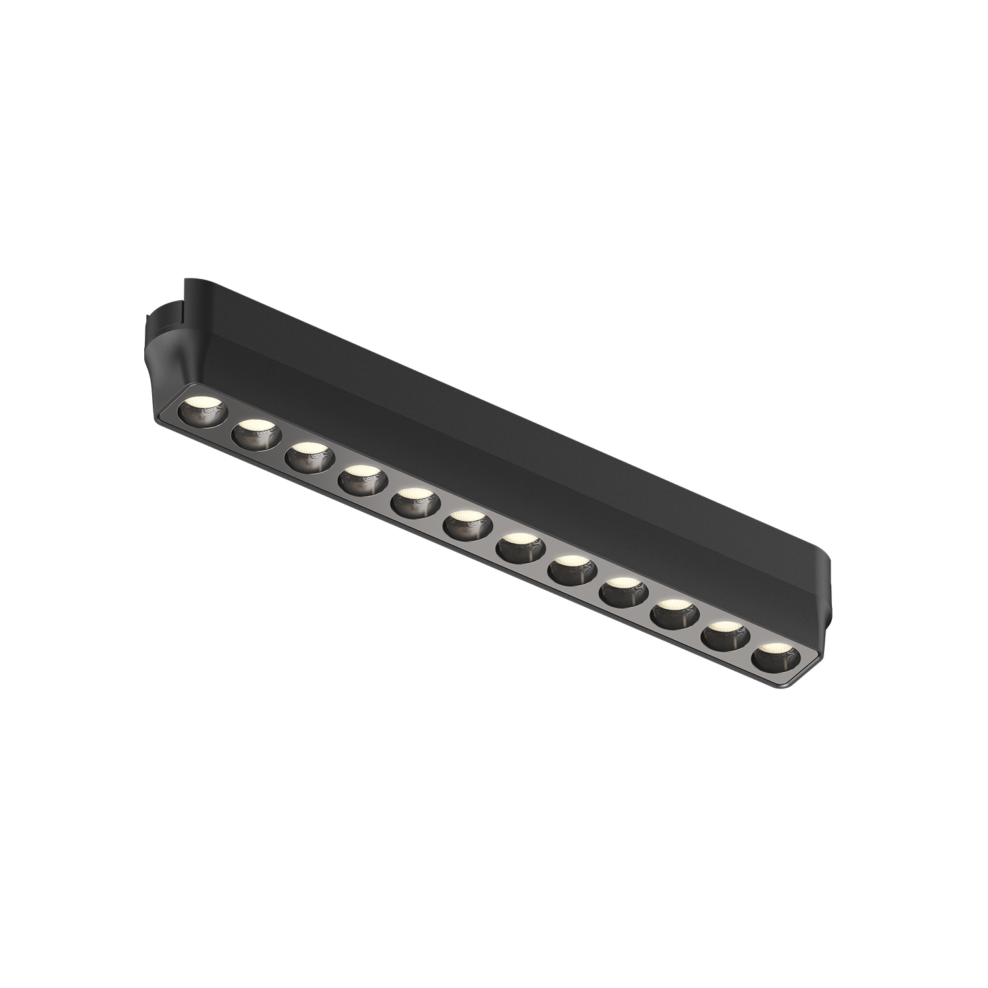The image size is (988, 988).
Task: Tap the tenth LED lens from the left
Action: click(x=674, y=614)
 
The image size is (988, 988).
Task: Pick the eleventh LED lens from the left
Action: click(x=725, y=636)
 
